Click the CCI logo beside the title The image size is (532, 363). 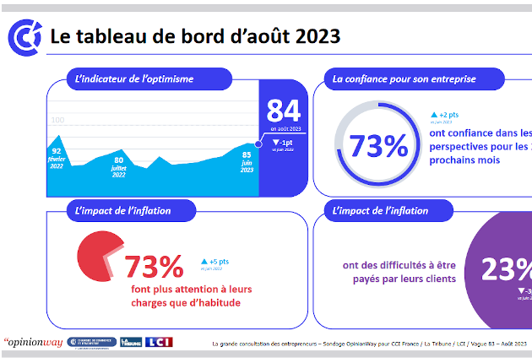23,36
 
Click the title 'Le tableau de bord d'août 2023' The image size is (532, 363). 195,36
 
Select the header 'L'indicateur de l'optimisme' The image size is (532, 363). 135,79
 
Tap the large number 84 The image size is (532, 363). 283,110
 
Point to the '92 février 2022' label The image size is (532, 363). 57,158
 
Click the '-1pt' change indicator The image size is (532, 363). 283,144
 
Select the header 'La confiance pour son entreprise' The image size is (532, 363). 404,79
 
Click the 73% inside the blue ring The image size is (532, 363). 378,145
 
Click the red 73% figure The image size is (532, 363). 154,266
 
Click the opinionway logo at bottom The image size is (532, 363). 33,343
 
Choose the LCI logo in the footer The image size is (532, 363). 160,342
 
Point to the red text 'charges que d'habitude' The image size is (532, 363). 186,303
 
